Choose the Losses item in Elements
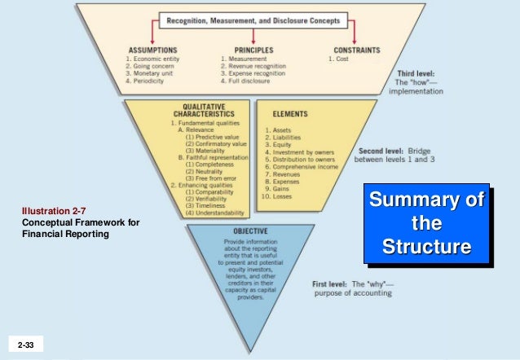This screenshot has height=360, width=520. pyautogui.click(x=280, y=196)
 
